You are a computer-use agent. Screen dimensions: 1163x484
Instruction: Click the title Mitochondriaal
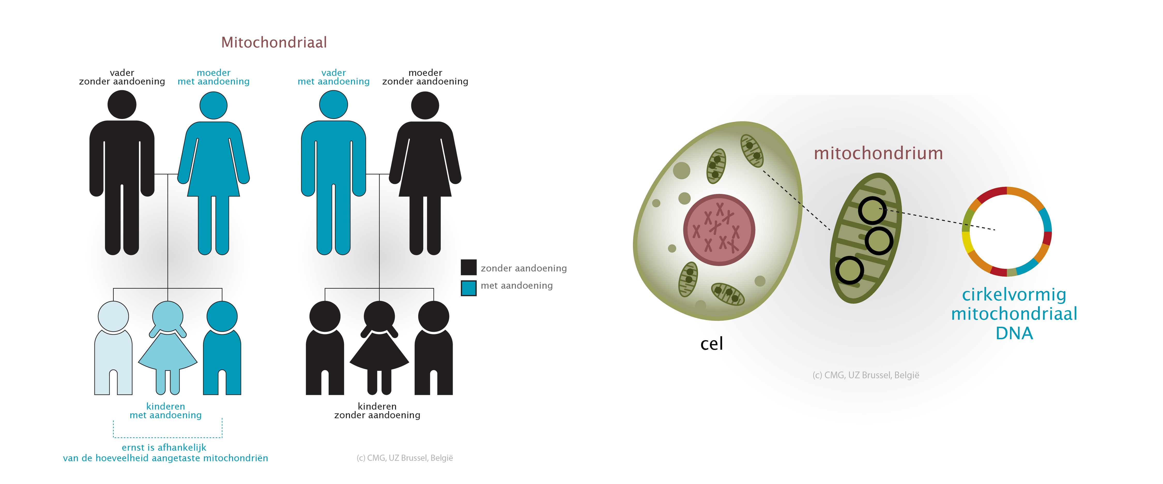pos(274,42)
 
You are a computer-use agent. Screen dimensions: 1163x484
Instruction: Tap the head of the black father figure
pos(122,104)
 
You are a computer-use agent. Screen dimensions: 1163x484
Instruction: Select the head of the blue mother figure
pos(213,106)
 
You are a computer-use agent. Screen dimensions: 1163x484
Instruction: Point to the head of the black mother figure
pos(425,106)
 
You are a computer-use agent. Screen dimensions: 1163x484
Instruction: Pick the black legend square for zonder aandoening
pos(469,267)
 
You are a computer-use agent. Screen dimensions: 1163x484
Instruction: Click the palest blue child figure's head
pos(113,316)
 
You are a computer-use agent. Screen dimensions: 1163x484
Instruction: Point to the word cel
pos(711,344)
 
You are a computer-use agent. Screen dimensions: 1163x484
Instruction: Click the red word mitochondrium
pos(878,153)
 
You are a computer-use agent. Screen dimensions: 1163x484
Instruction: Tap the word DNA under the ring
pos(1014,333)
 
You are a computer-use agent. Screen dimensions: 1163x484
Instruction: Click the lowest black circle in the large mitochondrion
pos(849,270)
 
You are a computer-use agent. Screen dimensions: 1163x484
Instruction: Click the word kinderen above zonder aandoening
pos(377,406)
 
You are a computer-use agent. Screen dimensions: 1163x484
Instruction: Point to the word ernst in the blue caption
pos(132,447)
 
